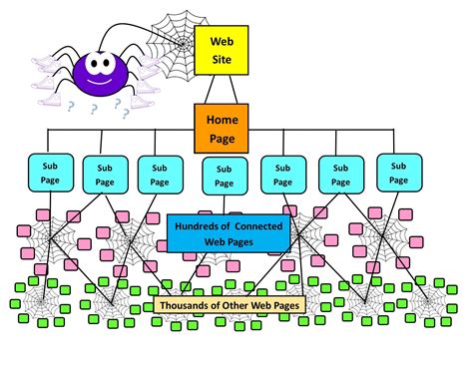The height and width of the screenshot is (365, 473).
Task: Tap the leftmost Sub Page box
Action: click(x=49, y=171)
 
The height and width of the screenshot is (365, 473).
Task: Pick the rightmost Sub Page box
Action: click(x=399, y=173)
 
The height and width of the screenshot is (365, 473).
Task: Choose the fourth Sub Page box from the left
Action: click(x=224, y=176)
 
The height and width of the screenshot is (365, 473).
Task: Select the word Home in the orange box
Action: click(x=222, y=119)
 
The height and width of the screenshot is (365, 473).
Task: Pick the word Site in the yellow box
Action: click(x=221, y=61)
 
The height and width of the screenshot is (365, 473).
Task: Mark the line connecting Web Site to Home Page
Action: click(x=221, y=90)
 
